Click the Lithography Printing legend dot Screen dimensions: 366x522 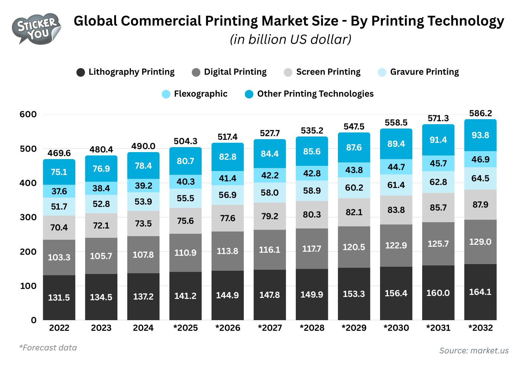coord(81,72)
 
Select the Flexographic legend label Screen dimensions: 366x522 coord(200,94)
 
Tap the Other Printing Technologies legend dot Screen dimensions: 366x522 coord(249,94)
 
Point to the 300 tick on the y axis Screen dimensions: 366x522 coord(28,217)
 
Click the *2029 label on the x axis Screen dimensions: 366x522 coord(354,328)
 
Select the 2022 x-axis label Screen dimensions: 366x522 coord(59,328)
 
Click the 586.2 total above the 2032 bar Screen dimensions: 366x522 coord(480,114)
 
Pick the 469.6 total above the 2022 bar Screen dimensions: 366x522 coord(59,153)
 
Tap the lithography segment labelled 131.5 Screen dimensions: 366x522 coord(59,297)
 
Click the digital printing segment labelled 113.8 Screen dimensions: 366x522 coord(228,251)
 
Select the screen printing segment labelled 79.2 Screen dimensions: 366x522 coord(270,216)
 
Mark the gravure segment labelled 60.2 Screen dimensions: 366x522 coord(354,188)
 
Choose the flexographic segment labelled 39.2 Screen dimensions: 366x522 coord(143,186)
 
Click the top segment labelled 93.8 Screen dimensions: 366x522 coord(480,135)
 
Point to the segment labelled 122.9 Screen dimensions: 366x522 coord(396,245)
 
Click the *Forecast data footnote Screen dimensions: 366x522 coord(48,348)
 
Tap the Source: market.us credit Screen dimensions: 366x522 coord(474,351)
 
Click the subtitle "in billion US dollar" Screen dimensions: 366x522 coord(291,40)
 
